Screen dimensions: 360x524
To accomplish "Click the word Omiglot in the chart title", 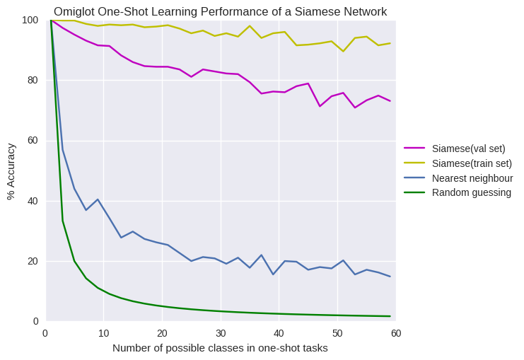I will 76,11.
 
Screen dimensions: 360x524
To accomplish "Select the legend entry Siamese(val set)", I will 468,149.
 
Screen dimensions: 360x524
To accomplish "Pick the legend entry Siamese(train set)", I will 472,163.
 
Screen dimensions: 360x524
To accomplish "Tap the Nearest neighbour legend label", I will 472,178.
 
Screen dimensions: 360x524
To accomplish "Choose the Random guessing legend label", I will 471,192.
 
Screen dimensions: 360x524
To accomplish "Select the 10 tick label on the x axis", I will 104,333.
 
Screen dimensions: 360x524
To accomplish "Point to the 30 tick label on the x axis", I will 221,333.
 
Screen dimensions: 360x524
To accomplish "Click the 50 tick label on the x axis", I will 337,333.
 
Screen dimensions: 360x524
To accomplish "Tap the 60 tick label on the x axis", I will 395,333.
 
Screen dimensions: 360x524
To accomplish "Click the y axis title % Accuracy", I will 11,171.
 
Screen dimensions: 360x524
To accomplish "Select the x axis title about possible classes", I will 220,348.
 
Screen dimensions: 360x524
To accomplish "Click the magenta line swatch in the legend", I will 414,149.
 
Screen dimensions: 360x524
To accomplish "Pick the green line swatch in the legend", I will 414,192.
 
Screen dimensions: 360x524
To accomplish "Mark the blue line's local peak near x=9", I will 98,199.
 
